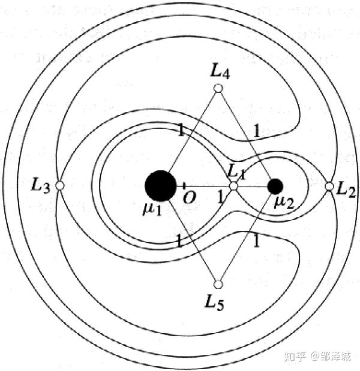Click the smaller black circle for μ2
tap(275, 186)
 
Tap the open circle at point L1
tap(233, 186)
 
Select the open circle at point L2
tap(329, 186)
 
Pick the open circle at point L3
tap(59, 186)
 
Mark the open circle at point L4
tap(218, 89)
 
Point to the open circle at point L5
tap(218, 283)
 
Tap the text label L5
tap(218, 301)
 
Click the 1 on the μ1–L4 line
tap(177, 128)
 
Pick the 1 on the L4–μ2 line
tap(256, 129)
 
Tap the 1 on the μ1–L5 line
tap(178, 242)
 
